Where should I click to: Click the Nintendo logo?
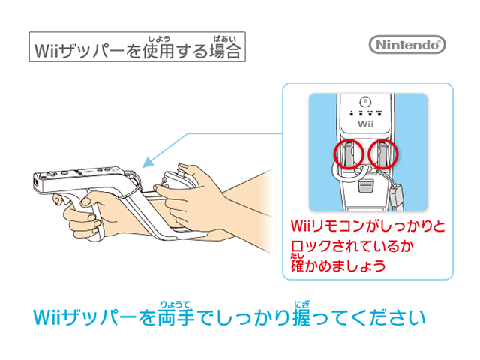click(407, 45)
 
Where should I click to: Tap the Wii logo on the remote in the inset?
click(365, 124)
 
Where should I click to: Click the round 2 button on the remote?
click(365, 101)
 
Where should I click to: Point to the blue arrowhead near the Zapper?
click(148, 162)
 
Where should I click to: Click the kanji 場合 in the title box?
click(225, 51)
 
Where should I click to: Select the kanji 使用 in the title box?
click(158, 51)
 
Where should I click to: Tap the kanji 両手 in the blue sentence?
click(176, 317)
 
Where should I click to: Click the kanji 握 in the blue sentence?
click(301, 317)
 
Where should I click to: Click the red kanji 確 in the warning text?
click(297, 265)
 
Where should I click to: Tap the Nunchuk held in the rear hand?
click(175, 181)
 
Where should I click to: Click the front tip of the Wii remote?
click(34, 183)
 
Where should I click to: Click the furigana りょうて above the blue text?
click(175, 304)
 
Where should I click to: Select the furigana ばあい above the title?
click(225, 39)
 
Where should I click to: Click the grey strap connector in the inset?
click(396, 195)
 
